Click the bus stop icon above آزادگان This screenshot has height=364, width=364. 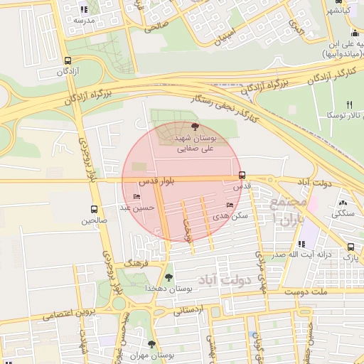pos(68,60)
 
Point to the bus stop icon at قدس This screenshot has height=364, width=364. pos(242,175)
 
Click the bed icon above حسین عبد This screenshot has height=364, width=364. pos(136,197)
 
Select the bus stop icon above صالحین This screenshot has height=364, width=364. pos(94,209)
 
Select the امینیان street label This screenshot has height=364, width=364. pos(224,28)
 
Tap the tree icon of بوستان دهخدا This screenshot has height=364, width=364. pos(168,277)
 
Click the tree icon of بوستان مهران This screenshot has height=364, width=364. pos(151,344)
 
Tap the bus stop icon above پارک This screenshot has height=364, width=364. pos(350,247)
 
